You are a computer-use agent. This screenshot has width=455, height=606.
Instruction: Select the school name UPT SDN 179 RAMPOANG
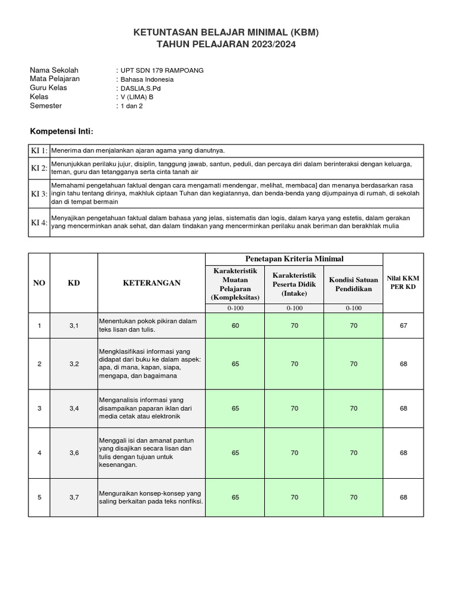click(162, 70)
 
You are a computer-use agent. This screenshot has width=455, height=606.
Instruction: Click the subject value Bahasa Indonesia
click(147, 79)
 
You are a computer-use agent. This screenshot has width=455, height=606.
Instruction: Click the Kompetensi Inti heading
click(62, 131)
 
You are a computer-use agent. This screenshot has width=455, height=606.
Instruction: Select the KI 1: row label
click(39, 151)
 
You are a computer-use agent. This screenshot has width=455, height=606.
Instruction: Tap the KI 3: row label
click(39, 194)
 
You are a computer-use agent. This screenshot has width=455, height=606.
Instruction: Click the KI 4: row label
click(39, 223)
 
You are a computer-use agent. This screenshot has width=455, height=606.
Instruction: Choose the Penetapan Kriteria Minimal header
click(294, 259)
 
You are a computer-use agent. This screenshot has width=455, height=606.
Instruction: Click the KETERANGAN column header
click(151, 283)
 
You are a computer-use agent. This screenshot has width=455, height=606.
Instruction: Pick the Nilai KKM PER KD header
click(403, 283)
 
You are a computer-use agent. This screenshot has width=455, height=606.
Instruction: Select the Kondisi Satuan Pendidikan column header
click(354, 284)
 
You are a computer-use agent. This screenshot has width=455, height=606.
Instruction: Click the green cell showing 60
click(235, 325)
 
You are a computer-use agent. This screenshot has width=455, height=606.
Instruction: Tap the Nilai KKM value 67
click(403, 325)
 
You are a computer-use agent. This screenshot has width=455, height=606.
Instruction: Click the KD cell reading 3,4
click(74, 408)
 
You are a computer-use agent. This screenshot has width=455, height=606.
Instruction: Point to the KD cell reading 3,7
click(74, 497)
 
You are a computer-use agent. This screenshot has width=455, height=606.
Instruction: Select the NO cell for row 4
click(39, 453)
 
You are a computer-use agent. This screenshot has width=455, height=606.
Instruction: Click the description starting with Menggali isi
click(150, 453)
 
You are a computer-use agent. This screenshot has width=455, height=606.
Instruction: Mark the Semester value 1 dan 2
click(131, 106)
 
